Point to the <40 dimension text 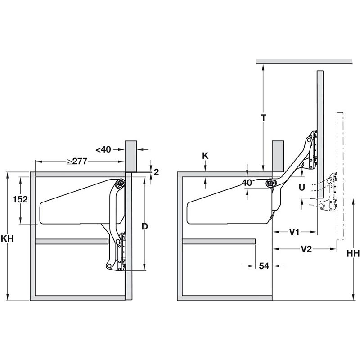point(103,149)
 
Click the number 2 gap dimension point(156,171)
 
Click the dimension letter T point(264,118)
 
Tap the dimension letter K point(205,155)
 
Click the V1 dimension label point(295,232)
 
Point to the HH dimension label point(352,254)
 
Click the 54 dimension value point(264,266)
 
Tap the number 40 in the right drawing point(247,183)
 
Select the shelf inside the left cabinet point(72,242)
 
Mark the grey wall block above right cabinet point(278,156)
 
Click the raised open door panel point(320,130)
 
